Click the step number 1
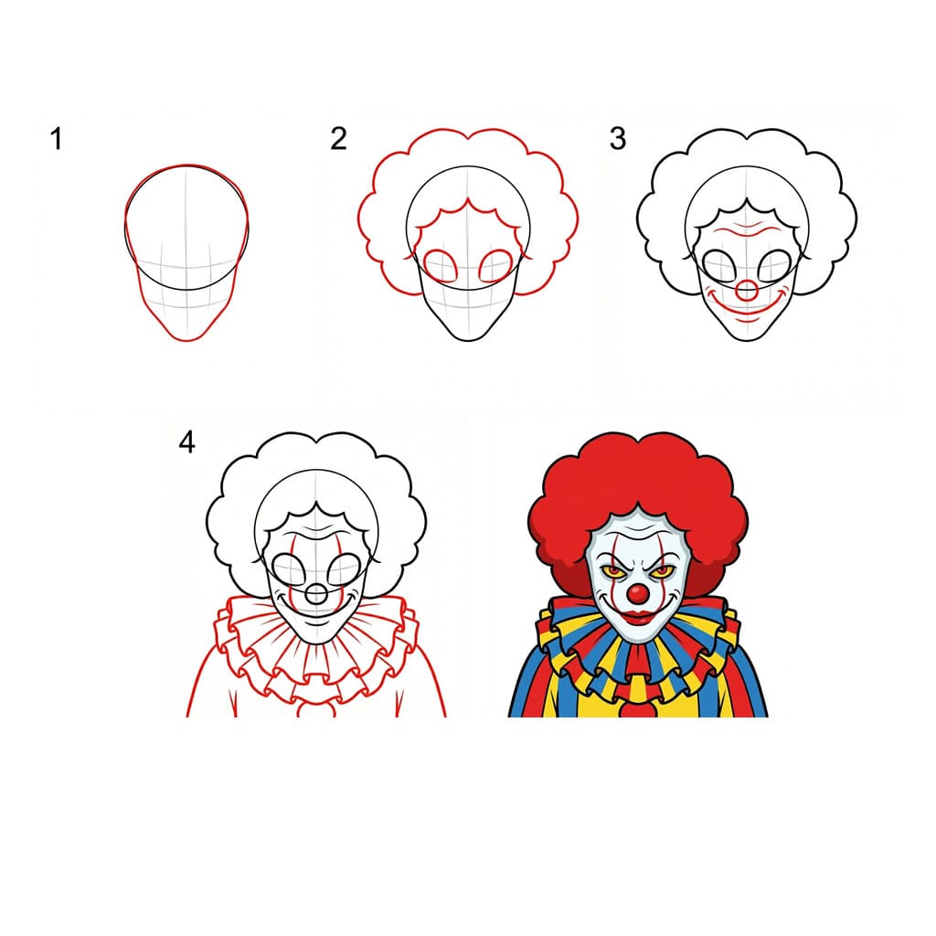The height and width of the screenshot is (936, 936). tap(57, 140)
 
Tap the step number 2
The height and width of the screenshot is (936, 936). tap(339, 139)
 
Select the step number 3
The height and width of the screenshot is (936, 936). tap(619, 139)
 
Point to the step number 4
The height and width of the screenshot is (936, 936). tap(186, 442)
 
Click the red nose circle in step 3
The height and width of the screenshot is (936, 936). tap(748, 292)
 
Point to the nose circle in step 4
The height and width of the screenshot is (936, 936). tap(316, 594)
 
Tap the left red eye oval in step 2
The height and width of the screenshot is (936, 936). tap(442, 265)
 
